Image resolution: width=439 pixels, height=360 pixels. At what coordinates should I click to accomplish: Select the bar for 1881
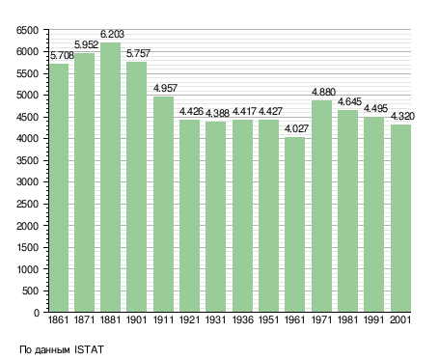[110, 177]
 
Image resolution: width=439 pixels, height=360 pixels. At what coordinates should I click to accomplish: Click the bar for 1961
[294, 224]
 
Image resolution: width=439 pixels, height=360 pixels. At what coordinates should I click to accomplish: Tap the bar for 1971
[321, 206]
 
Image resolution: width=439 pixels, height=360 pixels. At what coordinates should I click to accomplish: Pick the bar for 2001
[400, 218]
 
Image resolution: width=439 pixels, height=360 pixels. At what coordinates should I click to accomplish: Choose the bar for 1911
[163, 204]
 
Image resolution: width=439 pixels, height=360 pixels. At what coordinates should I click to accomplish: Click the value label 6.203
[112, 34]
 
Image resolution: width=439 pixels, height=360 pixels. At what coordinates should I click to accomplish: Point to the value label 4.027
[296, 128]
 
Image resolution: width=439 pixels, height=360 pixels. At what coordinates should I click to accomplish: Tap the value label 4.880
[323, 92]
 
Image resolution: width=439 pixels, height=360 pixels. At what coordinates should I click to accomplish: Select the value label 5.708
[62, 55]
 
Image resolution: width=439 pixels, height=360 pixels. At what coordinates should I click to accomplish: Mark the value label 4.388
[217, 113]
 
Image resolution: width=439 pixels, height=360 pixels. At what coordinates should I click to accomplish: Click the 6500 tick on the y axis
[27, 30]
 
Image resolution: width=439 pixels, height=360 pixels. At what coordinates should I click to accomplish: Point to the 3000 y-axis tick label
[27, 182]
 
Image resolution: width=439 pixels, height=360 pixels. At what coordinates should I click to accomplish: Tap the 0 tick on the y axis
[37, 313]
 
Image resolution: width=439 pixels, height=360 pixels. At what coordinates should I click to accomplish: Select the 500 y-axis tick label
[30, 291]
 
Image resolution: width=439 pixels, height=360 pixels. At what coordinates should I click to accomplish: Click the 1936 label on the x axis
[242, 320]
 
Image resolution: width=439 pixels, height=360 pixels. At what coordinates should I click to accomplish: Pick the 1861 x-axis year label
[58, 320]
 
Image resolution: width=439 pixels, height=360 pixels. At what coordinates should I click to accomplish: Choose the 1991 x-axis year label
[374, 320]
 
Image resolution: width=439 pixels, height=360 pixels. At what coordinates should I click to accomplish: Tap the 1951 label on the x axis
[268, 320]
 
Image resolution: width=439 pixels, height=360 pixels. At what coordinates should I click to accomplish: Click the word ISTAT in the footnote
[89, 349]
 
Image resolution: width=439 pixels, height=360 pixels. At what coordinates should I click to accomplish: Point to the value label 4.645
[349, 102]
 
